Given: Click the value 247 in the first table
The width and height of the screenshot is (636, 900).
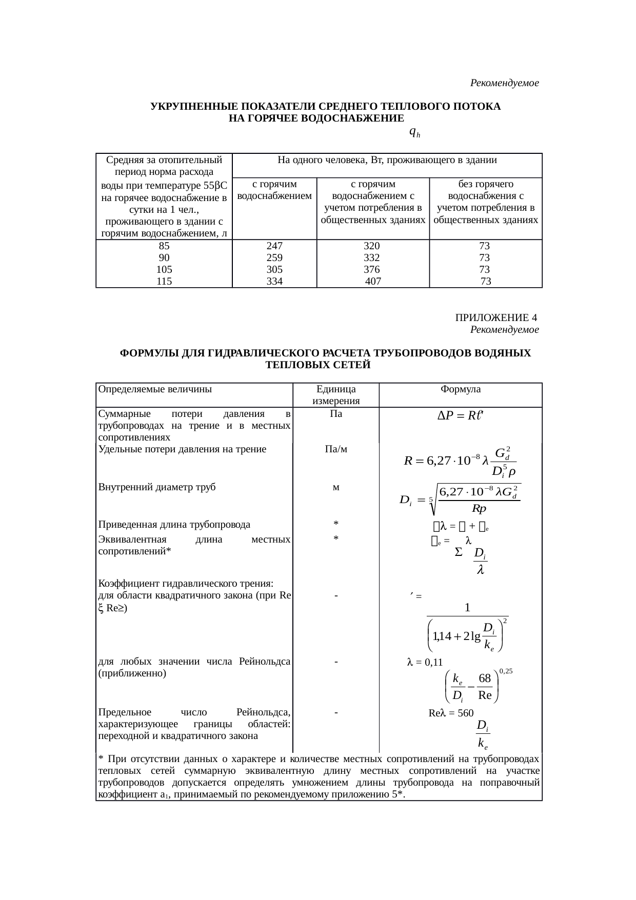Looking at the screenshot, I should coord(274,246).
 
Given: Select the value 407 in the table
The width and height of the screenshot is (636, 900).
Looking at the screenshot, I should coord(373,282).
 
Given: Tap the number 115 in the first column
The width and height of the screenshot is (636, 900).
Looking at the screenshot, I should coord(164,282).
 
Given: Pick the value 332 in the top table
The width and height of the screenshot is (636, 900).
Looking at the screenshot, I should coord(371,257).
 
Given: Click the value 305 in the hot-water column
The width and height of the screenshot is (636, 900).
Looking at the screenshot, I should coord(274,269).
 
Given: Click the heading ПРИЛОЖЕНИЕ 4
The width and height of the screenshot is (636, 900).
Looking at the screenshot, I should coord(496,318).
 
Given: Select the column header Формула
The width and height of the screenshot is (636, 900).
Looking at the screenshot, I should coord(460,389).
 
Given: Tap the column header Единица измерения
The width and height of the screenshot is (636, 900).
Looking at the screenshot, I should coord(335,395).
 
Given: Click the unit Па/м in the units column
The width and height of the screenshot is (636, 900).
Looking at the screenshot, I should coord(335,450).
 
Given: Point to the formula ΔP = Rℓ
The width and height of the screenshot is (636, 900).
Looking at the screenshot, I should coord(460,416).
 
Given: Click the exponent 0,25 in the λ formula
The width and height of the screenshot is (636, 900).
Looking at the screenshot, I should coord(505,670).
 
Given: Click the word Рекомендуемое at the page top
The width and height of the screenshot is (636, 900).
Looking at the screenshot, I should coord(504,83).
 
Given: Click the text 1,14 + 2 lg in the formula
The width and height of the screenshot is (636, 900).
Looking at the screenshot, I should coord(456,636).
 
